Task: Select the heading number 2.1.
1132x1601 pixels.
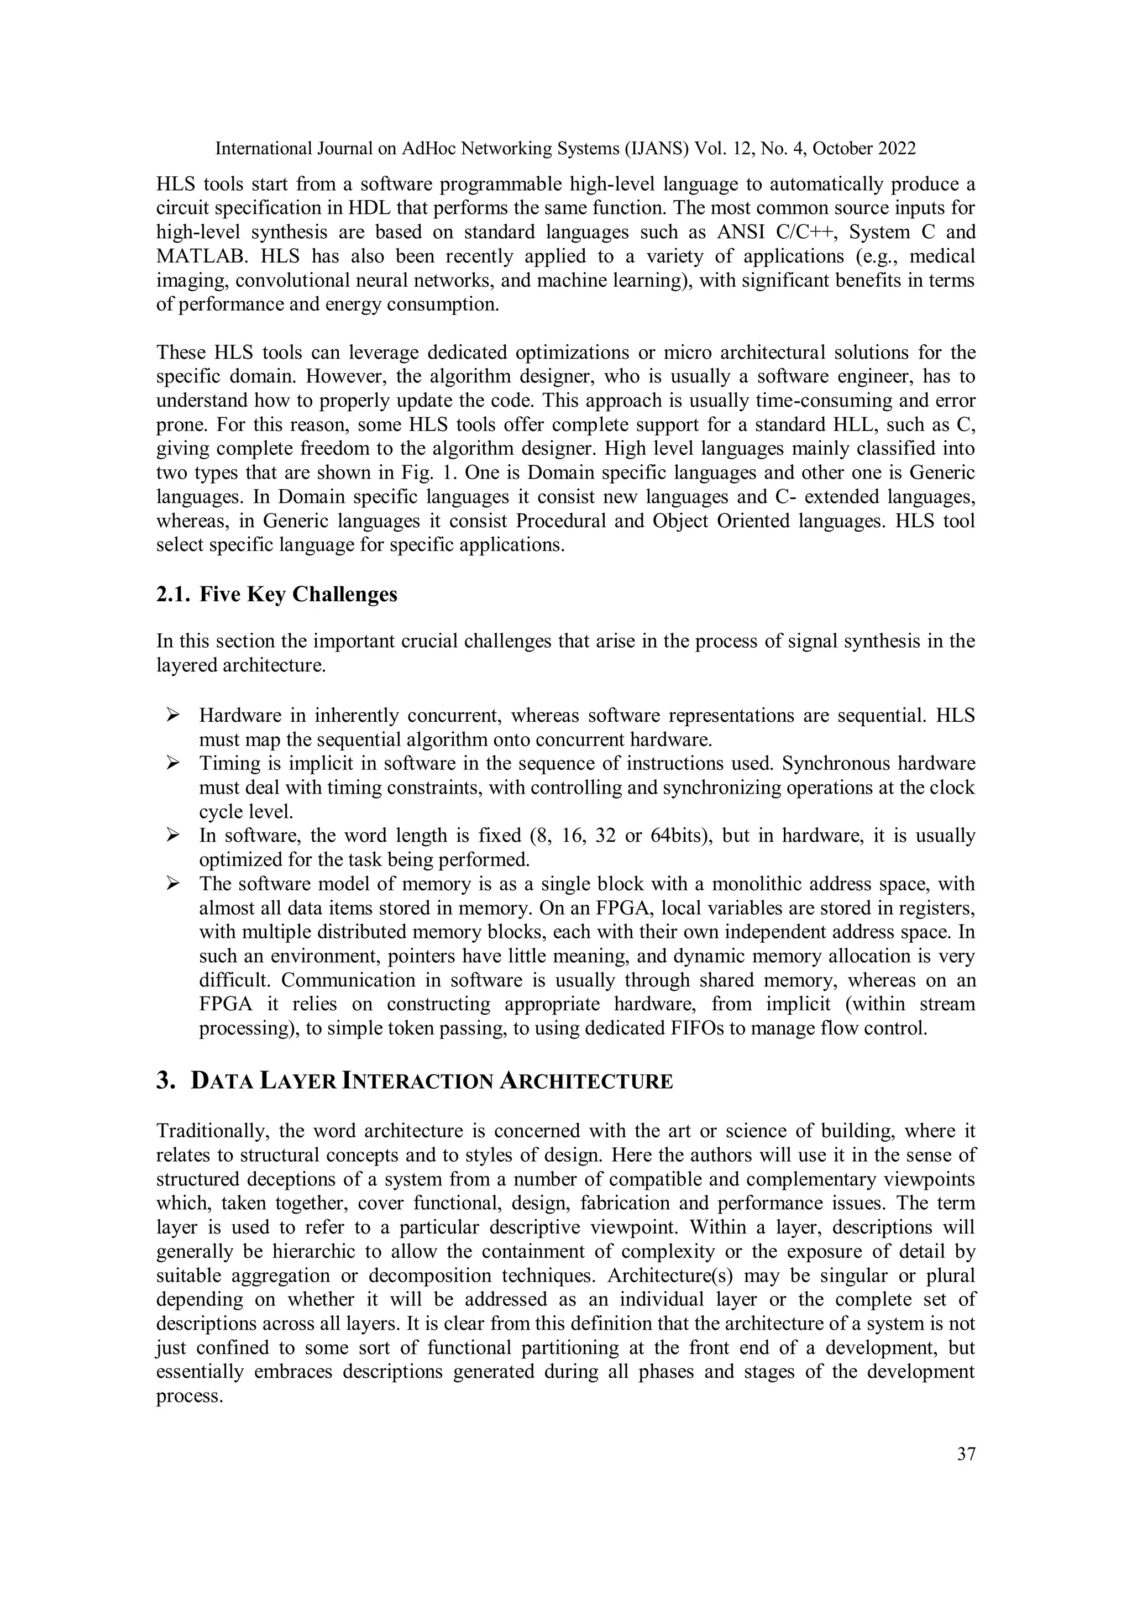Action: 171,594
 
